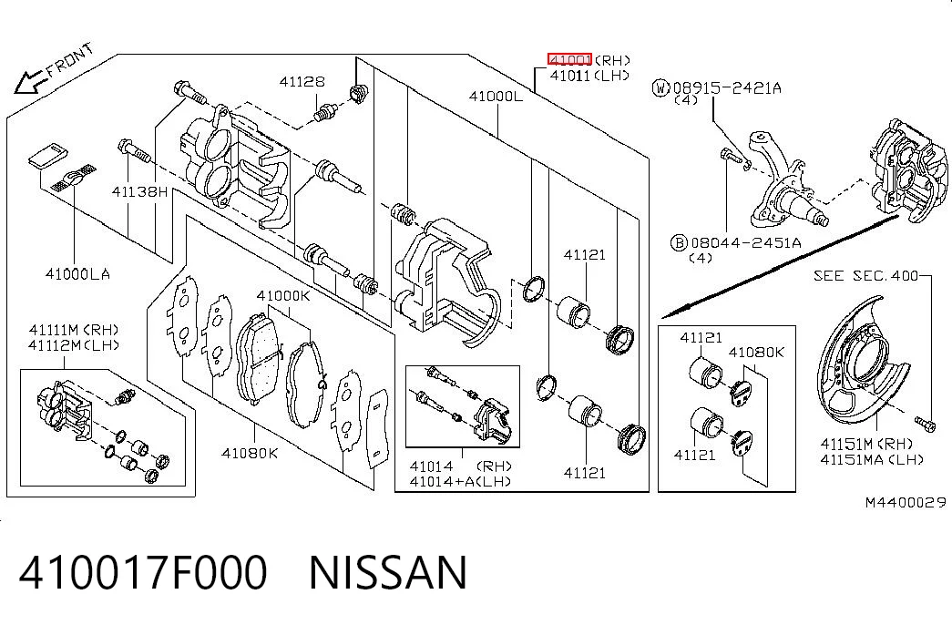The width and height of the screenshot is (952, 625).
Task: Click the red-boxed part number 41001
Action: (569, 59)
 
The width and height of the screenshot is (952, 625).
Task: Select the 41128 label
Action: (302, 81)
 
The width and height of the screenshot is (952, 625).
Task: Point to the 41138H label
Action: (139, 192)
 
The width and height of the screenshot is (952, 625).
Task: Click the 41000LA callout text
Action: (77, 274)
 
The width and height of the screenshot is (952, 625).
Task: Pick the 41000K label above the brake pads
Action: (283, 296)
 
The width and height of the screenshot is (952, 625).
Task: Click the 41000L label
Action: (496, 96)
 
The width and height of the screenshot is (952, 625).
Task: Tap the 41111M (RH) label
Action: (74, 330)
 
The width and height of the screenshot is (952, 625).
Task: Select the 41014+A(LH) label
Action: (460, 482)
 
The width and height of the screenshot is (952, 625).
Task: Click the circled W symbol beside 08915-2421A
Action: (660, 88)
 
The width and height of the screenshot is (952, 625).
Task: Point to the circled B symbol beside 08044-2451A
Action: (678, 243)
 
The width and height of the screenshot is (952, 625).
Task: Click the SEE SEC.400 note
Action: (865, 276)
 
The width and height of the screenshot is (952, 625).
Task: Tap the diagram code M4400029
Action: (906, 502)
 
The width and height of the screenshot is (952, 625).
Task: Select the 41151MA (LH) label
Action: (872, 459)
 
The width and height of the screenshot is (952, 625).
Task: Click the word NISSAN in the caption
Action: (388, 572)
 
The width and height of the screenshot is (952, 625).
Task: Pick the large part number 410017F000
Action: (143, 572)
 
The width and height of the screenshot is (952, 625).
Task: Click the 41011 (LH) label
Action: (589, 76)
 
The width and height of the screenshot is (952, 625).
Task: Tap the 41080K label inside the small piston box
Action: (756, 353)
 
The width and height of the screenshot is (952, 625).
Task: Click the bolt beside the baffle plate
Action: (925, 424)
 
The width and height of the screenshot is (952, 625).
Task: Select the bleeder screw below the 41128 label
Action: (326, 113)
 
